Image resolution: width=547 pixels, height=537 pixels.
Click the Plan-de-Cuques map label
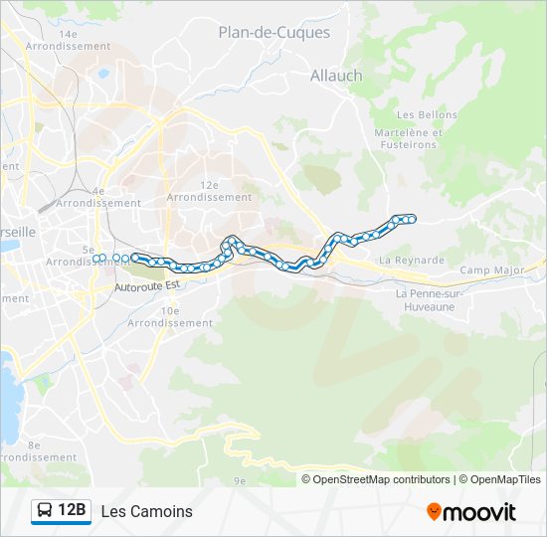(273, 32)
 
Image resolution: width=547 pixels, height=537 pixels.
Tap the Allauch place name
(336, 76)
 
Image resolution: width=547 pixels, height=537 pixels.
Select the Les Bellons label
(427, 115)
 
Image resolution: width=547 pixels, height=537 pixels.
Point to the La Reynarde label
(412, 261)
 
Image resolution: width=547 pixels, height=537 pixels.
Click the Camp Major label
(491, 270)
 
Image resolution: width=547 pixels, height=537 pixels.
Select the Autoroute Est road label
(146, 286)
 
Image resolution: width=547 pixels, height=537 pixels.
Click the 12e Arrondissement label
(209, 191)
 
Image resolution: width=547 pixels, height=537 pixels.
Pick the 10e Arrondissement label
(170, 317)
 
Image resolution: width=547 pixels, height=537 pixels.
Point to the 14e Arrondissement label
(68, 40)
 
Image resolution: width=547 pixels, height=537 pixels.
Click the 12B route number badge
(71, 511)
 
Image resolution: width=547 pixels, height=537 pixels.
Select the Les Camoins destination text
(147, 512)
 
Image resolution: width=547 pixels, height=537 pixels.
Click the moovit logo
(471, 512)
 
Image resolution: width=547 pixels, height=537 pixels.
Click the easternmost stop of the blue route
(412, 219)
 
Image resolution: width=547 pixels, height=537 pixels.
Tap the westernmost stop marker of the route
(96, 259)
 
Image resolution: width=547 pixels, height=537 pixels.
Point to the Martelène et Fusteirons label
(405, 138)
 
